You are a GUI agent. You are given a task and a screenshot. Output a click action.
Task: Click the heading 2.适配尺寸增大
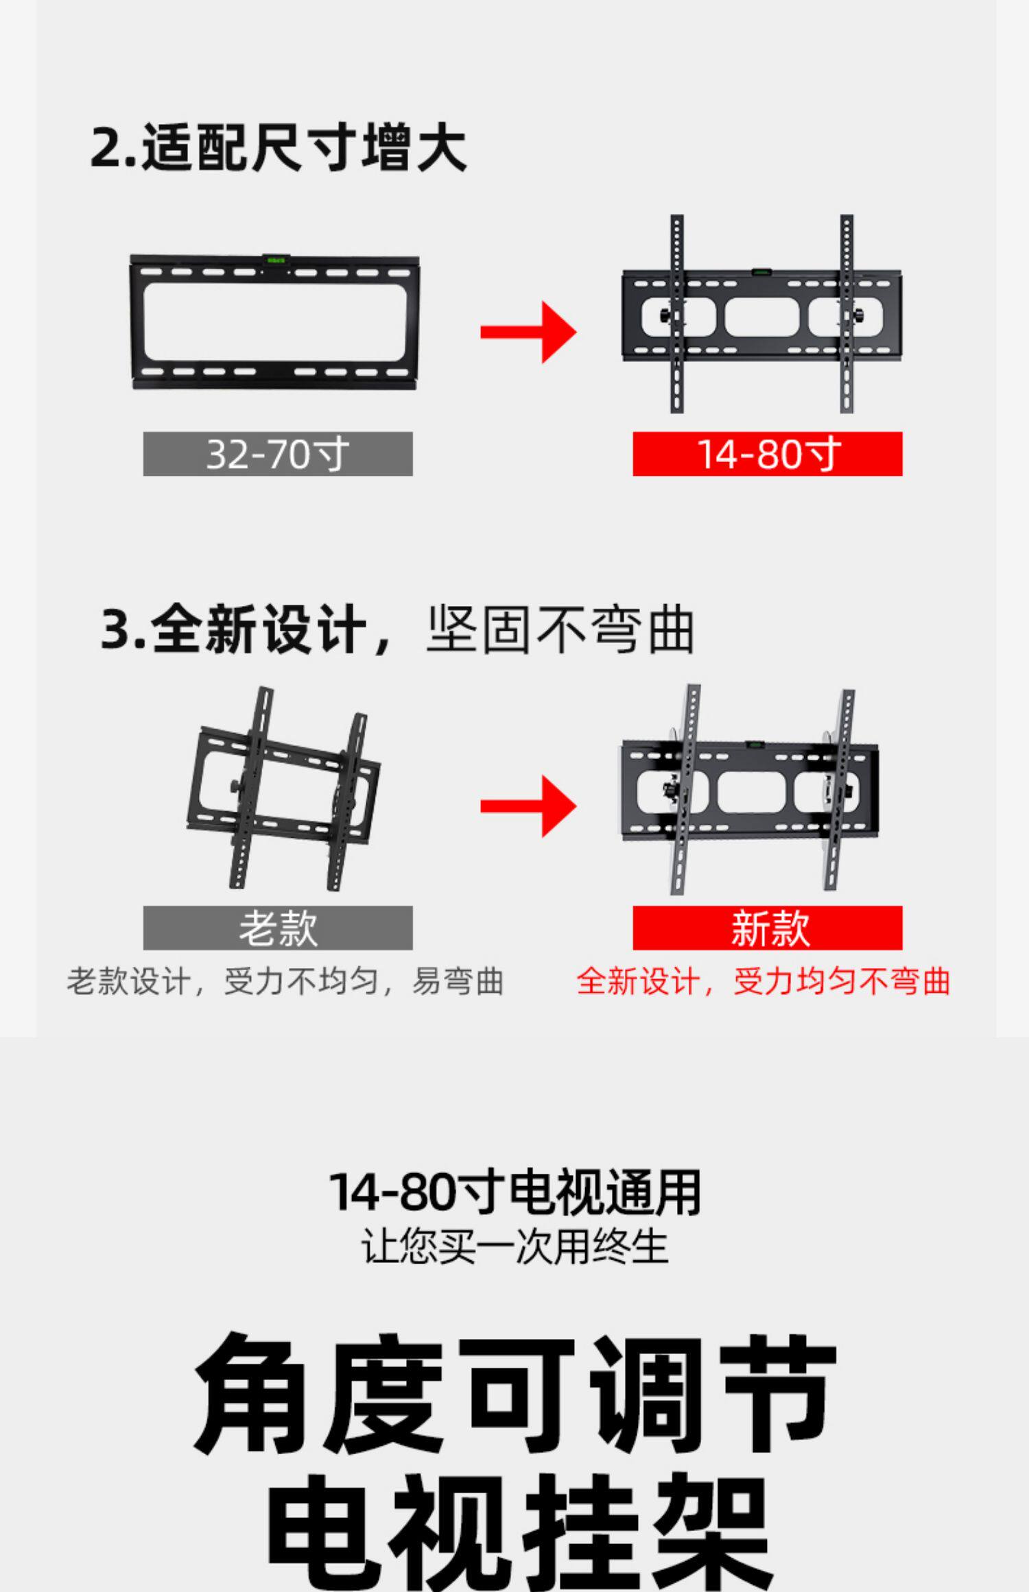[279, 147]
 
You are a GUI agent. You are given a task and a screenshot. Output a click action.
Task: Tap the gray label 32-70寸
[278, 454]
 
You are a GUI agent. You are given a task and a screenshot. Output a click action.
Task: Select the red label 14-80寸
[767, 454]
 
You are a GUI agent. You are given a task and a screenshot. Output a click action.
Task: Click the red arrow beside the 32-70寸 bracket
[528, 333]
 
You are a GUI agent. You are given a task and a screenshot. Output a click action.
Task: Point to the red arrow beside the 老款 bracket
[528, 806]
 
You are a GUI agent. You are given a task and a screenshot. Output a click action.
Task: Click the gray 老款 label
[278, 928]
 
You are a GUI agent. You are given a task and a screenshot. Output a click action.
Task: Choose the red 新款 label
[767, 928]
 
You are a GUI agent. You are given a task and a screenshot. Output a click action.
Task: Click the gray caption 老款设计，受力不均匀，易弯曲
[285, 982]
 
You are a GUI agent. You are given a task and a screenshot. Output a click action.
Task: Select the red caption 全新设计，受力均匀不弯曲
[763, 982]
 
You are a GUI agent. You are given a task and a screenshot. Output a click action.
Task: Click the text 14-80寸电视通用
[514, 1194]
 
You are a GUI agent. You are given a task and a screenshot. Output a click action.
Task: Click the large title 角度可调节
[514, 1392]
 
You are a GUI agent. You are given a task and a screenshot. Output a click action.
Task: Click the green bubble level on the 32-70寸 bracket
[276, 260]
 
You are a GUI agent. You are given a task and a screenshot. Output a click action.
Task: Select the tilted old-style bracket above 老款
[283, 788]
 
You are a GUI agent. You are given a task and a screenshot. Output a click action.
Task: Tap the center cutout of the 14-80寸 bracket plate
[761, 316]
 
